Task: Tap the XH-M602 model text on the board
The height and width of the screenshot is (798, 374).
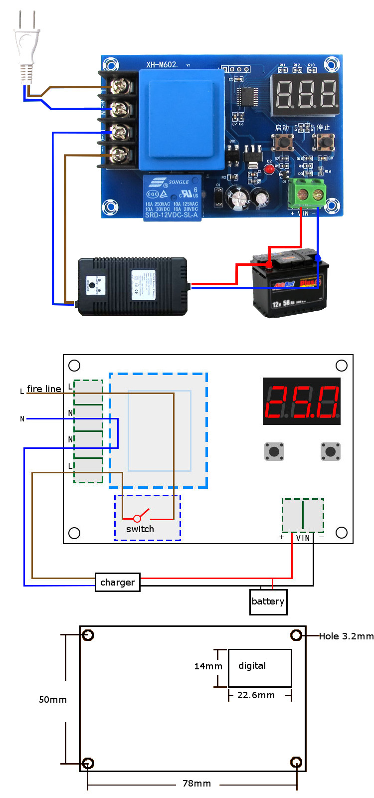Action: click(x=162, y=64)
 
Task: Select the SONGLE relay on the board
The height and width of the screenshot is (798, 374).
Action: click(x=172, y=198)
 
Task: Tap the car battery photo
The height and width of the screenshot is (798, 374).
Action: click(x=289, y=284)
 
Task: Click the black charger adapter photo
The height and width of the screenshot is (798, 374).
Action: click(x=133, y=286)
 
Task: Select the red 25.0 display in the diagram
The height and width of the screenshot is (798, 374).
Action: click(x=301, y=401)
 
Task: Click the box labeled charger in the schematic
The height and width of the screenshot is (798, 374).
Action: click(x=118, y=582)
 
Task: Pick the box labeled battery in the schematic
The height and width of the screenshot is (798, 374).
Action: click(x=268, y=601)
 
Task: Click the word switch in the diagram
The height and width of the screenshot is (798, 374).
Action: click(x=140, y=529)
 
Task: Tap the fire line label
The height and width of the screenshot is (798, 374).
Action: click(x=44, y=389)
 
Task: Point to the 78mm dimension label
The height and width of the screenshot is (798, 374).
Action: click(x=196, y=784)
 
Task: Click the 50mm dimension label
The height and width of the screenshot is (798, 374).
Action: click(x=53, y=700)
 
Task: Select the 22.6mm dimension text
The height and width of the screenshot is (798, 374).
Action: click(x=256, y=695)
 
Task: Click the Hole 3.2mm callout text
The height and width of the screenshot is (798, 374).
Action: click(x=346, y=636)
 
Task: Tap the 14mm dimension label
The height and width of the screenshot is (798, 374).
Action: click(x=208, y=666)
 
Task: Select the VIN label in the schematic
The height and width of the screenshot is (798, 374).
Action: click(x=303, y=538)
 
